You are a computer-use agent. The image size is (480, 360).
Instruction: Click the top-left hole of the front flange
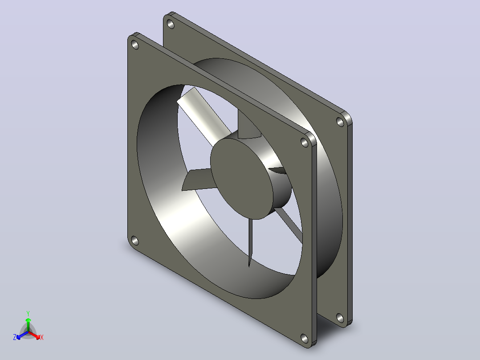pyautogui.click(x=135, y=45)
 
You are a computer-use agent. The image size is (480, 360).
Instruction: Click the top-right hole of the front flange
pyautogui.click(x=305, y=143)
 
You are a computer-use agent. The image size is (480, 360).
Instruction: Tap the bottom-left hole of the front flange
pyautogui.click(x=134, y=241)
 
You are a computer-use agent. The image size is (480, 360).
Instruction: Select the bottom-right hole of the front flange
pyautogui.click(x=305, y=338)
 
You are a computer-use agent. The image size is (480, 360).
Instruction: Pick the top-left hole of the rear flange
pyautogui.click(x=171, y=24)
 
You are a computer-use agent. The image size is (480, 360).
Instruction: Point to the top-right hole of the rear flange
pyautogui.click(x=340, y=122)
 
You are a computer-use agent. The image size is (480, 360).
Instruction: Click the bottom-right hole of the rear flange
pyautogui.click(x=340, y=318)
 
